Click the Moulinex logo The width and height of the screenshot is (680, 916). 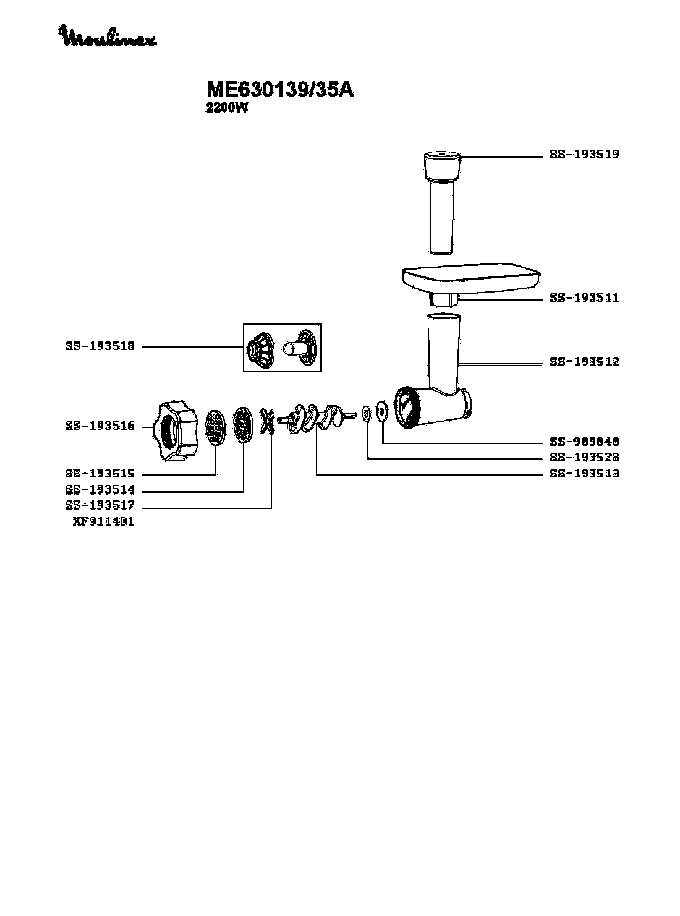point(108,36)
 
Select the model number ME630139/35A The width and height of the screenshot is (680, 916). point(280,89)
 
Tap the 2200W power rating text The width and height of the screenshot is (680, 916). point(227,108)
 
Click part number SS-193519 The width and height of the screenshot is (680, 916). point(584,155)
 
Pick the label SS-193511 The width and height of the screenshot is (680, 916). point(584,297)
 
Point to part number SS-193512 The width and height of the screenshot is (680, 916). point(584,362)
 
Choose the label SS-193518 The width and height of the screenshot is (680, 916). point(100,346)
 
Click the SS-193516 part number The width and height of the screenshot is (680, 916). point(100,426)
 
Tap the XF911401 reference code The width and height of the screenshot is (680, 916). point(104,521)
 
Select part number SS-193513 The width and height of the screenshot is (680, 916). point(584,473)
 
